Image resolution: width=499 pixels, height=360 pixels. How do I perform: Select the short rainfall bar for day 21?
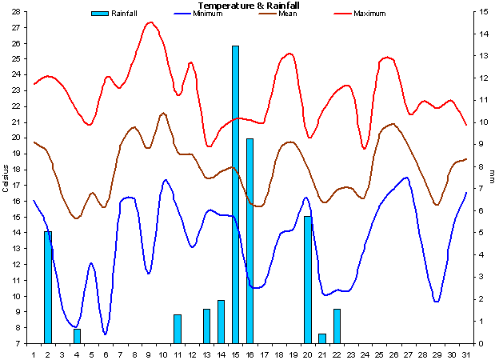(322, 338)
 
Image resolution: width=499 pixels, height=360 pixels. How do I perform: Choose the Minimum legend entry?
(208, 14)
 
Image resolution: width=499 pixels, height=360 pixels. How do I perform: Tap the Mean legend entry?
(287, 14)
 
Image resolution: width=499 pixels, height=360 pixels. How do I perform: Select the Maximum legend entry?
(369, 14)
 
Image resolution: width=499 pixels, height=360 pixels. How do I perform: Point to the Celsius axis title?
(6, 178)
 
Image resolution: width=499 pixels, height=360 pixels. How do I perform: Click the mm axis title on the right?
(492, 172)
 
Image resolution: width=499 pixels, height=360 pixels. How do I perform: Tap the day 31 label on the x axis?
(465, 352)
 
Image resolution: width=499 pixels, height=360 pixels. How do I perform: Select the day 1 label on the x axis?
(34, 352)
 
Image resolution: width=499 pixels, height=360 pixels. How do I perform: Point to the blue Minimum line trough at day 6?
(106, 334)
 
